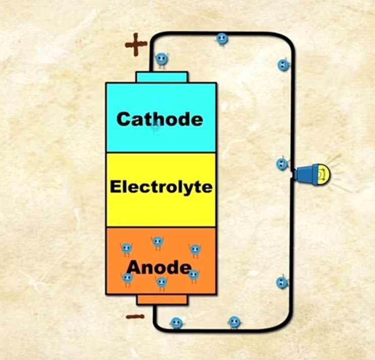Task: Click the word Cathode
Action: [x=160, y=119]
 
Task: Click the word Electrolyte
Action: [x=161, y=187]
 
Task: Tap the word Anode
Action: [x=159, y=267]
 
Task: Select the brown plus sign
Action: [x=136, y=45]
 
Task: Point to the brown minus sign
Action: [x=135, y=317]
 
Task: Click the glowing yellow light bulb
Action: [x=323, y=175]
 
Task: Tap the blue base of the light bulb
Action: [x=305, y=175]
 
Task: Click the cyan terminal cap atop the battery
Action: [x=162, y=77]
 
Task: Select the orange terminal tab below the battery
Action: [x=162, y=300]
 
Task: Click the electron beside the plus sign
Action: [x=161, y=60]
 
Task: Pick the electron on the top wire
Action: [x=222, y=39]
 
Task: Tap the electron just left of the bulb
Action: [x=282, y=164]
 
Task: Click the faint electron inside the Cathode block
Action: [x=156, y=127]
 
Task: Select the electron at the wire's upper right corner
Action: [x=283, y=65]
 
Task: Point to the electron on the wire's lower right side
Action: [x=282, y=282]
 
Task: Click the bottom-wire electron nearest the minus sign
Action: [x=176, y=323]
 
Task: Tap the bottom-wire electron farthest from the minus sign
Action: [x=234, y=322]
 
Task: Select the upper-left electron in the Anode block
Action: [x=126, y=249]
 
